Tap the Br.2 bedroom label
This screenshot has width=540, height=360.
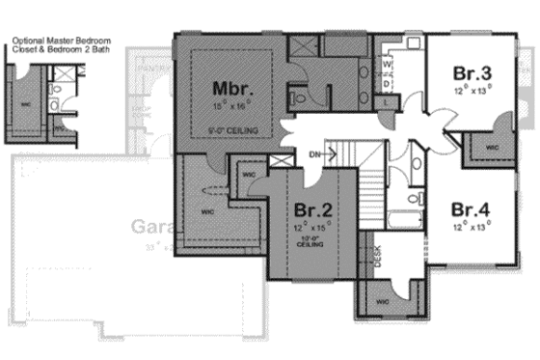click(314, 209)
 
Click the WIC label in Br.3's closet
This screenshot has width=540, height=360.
click(491, 148)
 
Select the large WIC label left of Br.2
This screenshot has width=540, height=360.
click(206, 207)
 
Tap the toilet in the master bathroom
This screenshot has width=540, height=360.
click(299, 97)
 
